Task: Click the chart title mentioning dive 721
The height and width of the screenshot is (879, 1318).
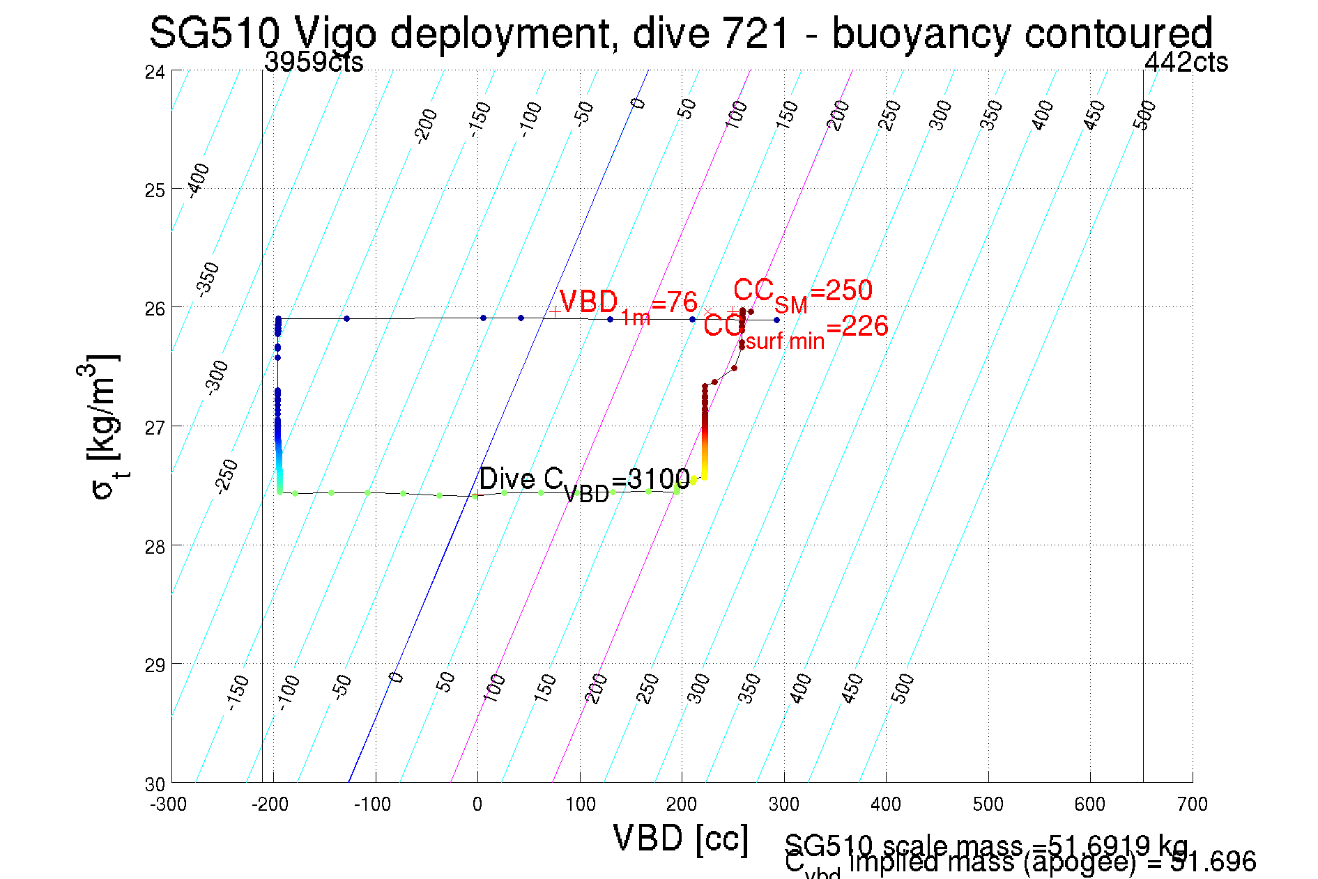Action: coord(680,33)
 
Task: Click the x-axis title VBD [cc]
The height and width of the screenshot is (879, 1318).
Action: coord(680,838)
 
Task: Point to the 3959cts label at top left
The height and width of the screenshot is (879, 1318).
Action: coord(314,63)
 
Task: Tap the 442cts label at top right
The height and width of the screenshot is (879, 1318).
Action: coord(1186,63)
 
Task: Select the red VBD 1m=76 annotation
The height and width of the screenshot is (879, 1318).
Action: coord(627,303)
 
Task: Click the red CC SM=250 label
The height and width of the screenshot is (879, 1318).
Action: coord(802,291)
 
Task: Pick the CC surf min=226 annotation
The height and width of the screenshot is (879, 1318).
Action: coord(795,328)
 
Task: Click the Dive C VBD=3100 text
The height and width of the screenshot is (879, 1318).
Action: coord(584,481)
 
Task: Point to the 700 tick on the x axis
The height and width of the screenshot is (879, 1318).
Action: coord(1192,804)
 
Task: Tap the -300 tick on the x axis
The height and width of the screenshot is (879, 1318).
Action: coord(169,804)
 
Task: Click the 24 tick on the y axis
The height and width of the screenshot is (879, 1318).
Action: coord(155,72)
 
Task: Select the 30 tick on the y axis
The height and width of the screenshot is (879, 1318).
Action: coord(155,784)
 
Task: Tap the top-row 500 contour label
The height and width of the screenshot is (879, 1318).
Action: coord(1144,115)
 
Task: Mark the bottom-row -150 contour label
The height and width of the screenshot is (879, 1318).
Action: coord(238,692)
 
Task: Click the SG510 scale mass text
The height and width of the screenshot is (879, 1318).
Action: coord(986,845)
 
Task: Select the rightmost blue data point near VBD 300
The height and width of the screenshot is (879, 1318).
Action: coord(776,320)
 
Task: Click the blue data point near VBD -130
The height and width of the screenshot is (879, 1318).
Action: coord(346,318)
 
